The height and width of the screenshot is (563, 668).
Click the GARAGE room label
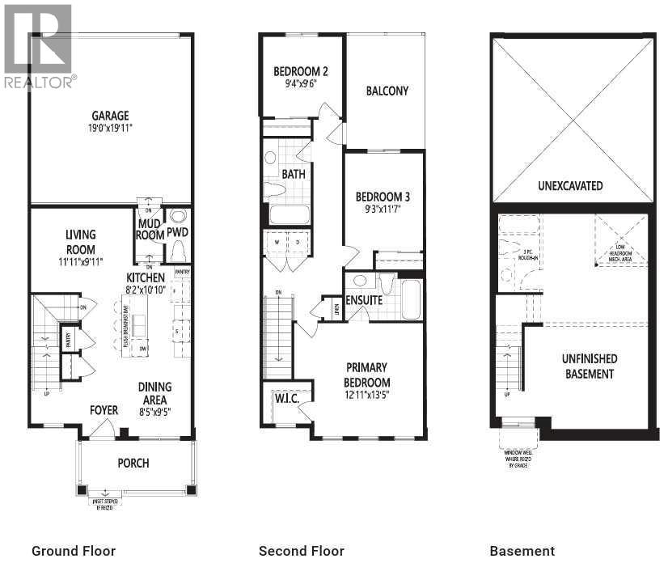pos(110,116)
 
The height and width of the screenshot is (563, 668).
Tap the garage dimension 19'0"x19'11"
pos(110,128)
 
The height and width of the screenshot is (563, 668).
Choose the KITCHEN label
pos(146,277)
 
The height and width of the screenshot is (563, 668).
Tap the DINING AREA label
pos(154,393)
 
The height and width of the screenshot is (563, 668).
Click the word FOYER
pos(104,411)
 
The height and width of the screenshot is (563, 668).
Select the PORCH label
pos(133,464)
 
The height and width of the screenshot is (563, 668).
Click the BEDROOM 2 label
pos(301,70)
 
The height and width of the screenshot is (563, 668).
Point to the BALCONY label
pos(387,91)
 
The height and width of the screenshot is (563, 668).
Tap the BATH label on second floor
pos(293,174)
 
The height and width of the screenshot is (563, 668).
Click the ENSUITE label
pos(364,301)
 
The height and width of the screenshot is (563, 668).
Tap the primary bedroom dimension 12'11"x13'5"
pos(368,395)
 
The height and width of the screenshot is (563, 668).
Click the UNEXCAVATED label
pos(570,185)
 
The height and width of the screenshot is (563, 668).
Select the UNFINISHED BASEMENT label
pos(590,366)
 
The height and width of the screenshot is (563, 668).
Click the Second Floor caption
pos(301,551)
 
